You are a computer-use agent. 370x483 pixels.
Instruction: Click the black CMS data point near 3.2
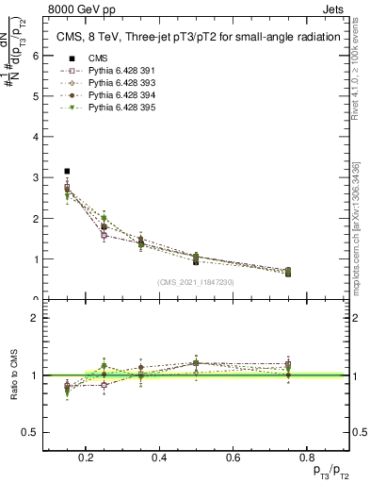[67, 171]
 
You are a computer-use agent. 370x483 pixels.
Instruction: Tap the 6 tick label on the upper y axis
[35, 55]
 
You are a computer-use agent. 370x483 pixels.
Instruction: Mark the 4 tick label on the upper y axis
[35, 137]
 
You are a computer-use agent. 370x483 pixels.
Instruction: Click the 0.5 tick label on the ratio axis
[31, 432]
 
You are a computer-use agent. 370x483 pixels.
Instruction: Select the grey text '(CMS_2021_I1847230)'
[196, 282]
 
